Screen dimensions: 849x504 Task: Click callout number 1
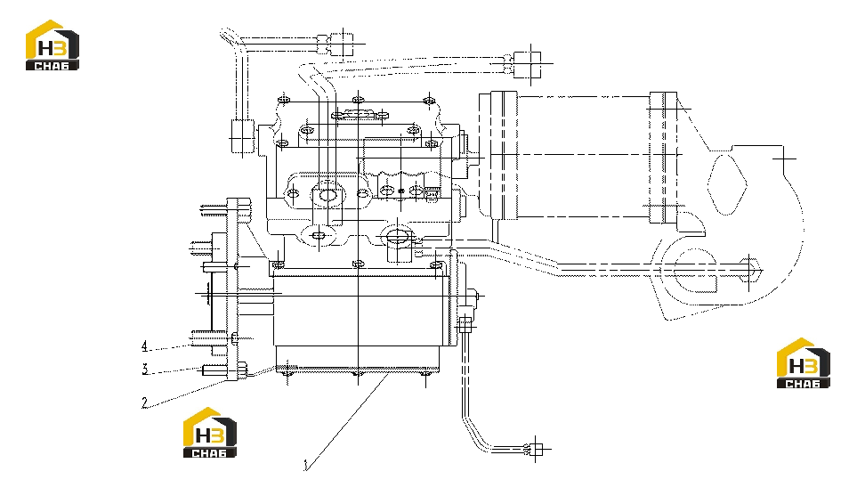(306, 465)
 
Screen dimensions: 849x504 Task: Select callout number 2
(144, 402)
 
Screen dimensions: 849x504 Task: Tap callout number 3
(145, 370)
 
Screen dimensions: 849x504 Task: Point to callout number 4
(144, 346)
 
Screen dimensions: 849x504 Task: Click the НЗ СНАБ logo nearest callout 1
(209, 433)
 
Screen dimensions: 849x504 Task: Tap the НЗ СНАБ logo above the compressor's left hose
(53, 45)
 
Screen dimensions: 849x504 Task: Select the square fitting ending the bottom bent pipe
(536, 449)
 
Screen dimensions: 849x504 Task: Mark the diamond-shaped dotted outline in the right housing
(727, 184)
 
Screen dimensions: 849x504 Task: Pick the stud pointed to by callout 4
(207, 338)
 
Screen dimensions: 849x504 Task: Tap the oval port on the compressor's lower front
(398, 236)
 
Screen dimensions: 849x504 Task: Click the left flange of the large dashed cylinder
(504, 156)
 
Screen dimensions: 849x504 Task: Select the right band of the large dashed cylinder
(663, 158)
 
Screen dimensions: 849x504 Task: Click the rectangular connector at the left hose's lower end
(243, 136)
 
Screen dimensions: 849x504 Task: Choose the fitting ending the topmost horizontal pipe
(341, 44)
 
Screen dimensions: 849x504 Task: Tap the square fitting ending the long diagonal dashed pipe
(528, 64)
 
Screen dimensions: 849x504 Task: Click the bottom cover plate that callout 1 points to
(358, 370)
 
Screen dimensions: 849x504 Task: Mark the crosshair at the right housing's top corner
(783, 159)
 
